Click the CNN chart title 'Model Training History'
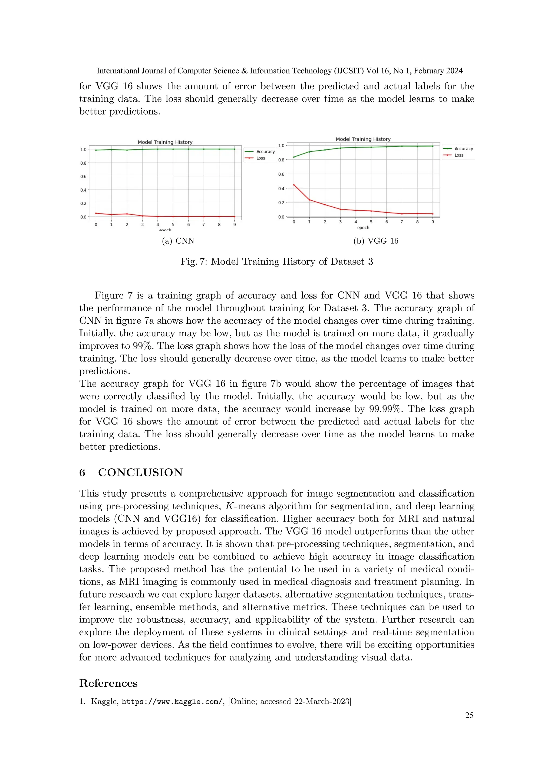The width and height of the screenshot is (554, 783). [x=165, y=142]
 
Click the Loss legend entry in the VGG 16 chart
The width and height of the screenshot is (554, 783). [x=459, y=155]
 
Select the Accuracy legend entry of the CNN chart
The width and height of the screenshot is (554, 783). [x=265, y=151]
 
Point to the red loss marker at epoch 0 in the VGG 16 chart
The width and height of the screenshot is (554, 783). [x=294, y=185]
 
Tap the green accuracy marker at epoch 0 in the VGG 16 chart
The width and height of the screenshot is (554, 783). [x=294, y=157]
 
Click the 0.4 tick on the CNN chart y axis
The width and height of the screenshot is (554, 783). [x=83, y=190]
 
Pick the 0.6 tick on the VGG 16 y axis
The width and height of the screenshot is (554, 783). [x=281, y=174]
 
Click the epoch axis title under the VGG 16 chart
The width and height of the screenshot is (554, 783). [x=363, y=227]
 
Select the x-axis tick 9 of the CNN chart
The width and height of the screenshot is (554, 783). [x=234, y=224]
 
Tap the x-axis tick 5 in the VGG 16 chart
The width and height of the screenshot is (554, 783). [x=371, y=222]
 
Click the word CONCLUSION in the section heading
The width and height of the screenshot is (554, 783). [x=140, y=472]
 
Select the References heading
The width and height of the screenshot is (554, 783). [x=108, y=683]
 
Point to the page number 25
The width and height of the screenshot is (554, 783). [x=469, y=715]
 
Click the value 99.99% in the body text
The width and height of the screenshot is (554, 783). [x=385, y=409]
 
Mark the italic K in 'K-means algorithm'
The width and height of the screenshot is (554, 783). [x=229, y=506]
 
